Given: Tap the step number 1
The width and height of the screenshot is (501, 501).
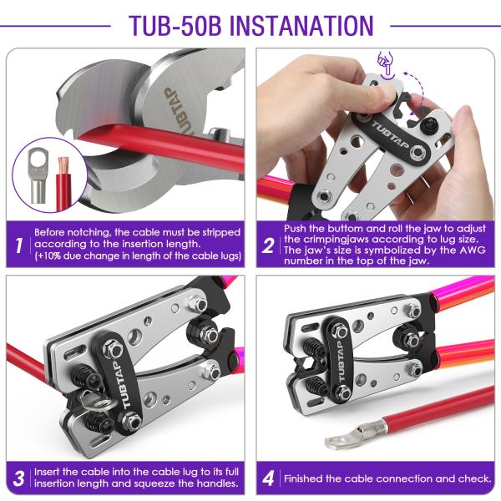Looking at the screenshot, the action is (19, 245).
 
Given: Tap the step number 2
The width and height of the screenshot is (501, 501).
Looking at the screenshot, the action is (268, 245).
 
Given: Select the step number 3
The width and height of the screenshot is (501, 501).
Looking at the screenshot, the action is (18, 478).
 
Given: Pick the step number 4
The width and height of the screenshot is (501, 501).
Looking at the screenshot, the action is (268, 478).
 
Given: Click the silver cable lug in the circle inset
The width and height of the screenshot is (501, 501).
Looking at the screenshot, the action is (38, 175).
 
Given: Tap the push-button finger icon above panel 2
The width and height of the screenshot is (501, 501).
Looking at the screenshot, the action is (386, 63).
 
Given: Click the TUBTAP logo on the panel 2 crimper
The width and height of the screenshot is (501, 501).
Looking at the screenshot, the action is (389, 134).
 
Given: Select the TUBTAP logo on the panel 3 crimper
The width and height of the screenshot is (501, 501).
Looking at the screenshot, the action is (121, 384).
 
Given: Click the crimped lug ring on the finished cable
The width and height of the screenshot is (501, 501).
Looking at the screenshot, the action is (337, 442).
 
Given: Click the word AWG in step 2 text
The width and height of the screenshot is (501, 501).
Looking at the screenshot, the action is (473, 250).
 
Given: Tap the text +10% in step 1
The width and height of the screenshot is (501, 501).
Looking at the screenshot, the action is (49, 256).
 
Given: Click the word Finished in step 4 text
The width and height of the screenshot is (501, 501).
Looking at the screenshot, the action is (303, 478).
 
